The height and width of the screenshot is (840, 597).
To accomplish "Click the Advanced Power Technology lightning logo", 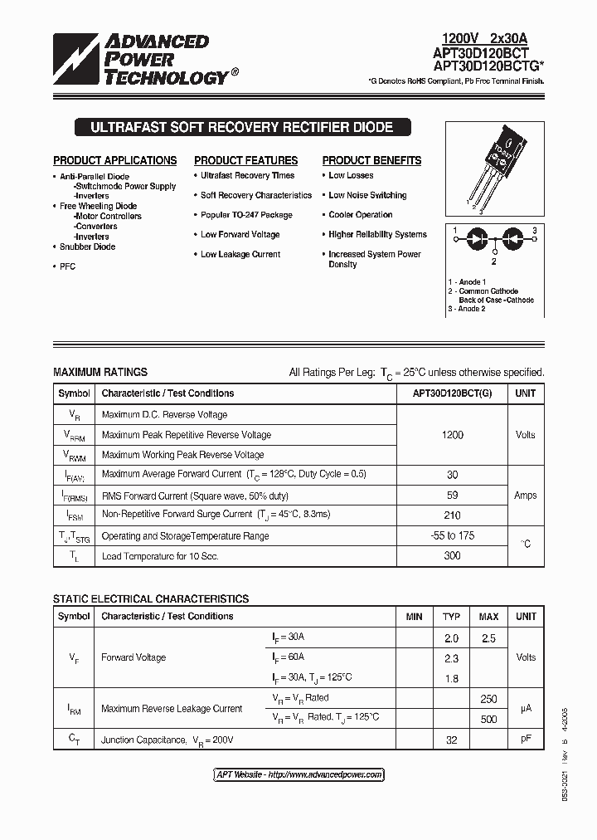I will coord(76,60).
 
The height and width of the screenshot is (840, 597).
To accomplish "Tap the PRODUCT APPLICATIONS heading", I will coord(115,161).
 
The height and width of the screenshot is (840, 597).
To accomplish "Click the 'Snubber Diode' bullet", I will coord(87,247).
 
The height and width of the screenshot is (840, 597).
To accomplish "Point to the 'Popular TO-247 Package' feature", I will coord(246,215).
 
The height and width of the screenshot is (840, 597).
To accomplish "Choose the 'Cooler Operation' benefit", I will coord(360,215).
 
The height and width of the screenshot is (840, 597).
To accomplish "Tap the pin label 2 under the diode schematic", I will coord(493,261).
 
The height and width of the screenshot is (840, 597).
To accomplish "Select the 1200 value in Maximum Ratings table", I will coord(452,435).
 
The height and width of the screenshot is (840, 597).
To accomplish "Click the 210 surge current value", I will coord(452,515).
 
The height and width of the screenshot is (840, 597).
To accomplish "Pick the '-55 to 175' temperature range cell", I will coord(452,535).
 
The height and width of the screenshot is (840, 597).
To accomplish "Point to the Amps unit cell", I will coord(525,496).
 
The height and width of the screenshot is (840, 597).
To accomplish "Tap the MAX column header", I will coord(488,617).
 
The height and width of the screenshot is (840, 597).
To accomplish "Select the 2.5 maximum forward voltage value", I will coord(488,637).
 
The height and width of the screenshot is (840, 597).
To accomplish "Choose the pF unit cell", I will coord(525,738).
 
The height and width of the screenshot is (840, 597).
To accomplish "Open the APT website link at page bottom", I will coord(298,774).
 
